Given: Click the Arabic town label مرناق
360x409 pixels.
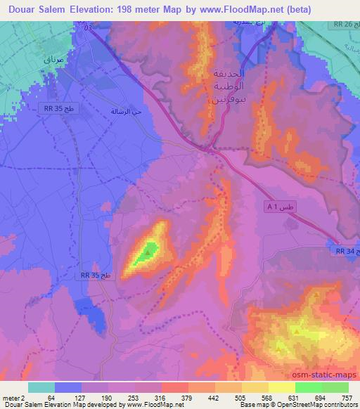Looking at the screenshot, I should (x=52, y=61).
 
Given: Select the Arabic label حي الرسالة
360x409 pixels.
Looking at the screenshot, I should (x=127, y=111).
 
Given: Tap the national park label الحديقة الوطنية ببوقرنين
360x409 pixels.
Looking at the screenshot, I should (x=227, y=87).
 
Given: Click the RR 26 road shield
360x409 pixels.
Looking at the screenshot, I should (x=342, y=25).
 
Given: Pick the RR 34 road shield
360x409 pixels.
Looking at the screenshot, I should (x=344, y=250).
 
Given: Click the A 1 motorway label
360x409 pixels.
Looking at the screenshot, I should (x=280, y=207).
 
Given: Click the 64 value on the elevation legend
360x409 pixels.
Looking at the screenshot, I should (x=51, y=397).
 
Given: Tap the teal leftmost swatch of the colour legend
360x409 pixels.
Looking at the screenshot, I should (x=41, y=387).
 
